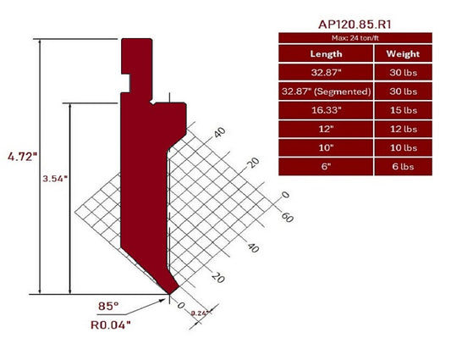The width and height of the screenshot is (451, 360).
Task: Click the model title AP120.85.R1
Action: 355,25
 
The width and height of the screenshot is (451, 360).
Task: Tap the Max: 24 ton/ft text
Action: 355,38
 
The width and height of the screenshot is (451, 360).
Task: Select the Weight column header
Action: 401,53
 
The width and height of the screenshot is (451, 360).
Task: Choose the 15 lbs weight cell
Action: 401,110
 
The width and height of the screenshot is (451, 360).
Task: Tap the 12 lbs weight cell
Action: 401,129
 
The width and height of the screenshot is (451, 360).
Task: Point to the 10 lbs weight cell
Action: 401,147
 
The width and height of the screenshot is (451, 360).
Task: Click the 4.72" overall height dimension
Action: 19,158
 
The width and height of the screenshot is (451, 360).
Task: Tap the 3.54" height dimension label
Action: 56,180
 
